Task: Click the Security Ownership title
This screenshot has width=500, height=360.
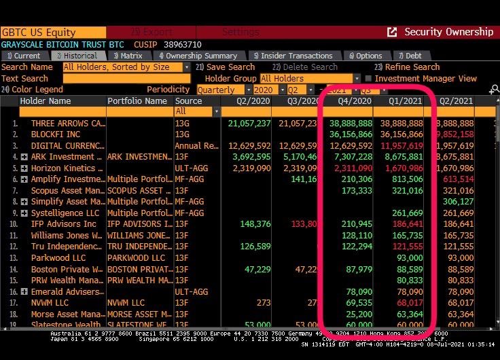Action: pyautogui.click(x=448, y=32)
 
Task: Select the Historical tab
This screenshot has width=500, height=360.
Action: pyautogui.click(x=76, y=56)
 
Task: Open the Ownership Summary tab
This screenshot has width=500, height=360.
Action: pyautogui.click(x=198, y=56)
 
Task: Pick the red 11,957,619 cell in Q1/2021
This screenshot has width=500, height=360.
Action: pyautogui.click(x=401, y=146)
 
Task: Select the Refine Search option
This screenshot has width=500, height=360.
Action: pyautogui.click(x=412, y=67)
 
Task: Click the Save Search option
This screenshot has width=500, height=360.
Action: pyautogui.click(x=230, y=67)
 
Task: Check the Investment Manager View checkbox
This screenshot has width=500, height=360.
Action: pyautogui.click(x=368, y=78)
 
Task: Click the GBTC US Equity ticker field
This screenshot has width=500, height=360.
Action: pyautogui.click(x=53, y=32)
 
